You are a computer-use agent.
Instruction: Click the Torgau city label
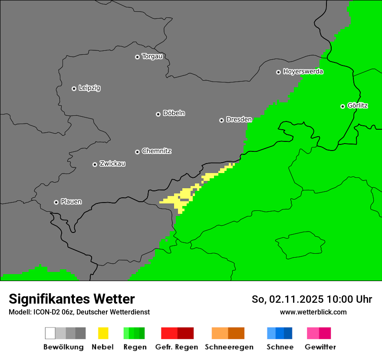152,56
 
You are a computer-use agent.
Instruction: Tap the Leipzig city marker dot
74,88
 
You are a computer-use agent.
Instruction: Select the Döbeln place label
174,113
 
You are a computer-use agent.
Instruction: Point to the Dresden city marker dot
221,120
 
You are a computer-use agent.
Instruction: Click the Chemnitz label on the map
156,151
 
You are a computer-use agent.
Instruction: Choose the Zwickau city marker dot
95,164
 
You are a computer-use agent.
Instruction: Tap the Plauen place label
71,202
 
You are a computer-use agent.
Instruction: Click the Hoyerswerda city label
303,72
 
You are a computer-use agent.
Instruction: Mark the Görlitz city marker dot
342,106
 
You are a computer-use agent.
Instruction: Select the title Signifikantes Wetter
72,299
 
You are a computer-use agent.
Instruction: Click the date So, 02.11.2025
288,299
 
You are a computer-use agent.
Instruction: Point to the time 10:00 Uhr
349,299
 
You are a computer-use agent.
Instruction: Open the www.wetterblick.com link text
313,312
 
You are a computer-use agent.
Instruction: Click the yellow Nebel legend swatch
103,333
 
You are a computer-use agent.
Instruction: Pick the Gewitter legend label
320,347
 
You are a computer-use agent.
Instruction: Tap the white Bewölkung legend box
50,333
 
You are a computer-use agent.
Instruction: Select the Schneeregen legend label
229,347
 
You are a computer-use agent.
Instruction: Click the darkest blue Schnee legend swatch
288,333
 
